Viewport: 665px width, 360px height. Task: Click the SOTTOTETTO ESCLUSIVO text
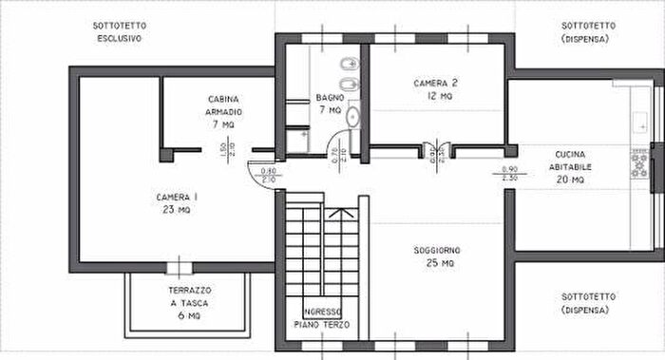(119, 31)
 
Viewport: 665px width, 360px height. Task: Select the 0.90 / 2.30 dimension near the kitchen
(509, 173)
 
